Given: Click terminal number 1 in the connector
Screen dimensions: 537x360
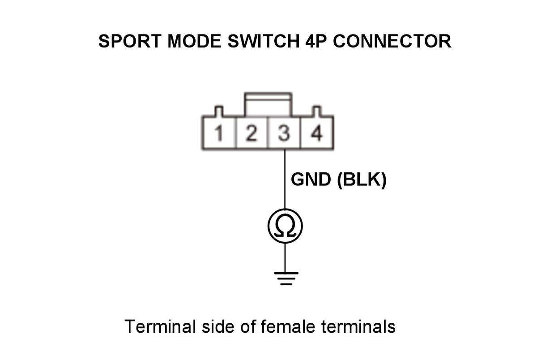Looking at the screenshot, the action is click(219, 133).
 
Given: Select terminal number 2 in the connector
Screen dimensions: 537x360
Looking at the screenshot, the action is click(251, 133).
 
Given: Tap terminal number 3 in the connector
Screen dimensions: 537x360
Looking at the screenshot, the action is click(284, 133).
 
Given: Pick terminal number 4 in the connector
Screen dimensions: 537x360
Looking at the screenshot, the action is click(316, 133).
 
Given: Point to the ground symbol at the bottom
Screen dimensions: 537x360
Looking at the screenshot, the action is click(286, 279).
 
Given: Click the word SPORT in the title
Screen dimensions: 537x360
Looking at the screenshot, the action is click(130, 41).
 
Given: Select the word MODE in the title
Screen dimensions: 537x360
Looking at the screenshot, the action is click(194, 41).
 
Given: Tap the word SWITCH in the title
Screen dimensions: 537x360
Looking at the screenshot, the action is click(264, 41).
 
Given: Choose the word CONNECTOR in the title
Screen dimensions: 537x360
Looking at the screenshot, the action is click(392, 41).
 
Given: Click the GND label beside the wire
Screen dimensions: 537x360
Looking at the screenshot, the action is click(311, 180).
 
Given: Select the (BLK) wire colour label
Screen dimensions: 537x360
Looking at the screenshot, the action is click(362, 180).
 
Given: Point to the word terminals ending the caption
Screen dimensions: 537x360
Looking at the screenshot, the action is click(358, 326).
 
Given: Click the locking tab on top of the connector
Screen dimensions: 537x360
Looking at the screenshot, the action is click(268, 105).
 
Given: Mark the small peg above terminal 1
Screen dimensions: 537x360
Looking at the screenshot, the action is click(219, 111).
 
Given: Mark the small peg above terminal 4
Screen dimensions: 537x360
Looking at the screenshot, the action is click(316, 111).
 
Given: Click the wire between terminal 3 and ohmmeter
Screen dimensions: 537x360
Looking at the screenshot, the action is click(285, 179).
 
